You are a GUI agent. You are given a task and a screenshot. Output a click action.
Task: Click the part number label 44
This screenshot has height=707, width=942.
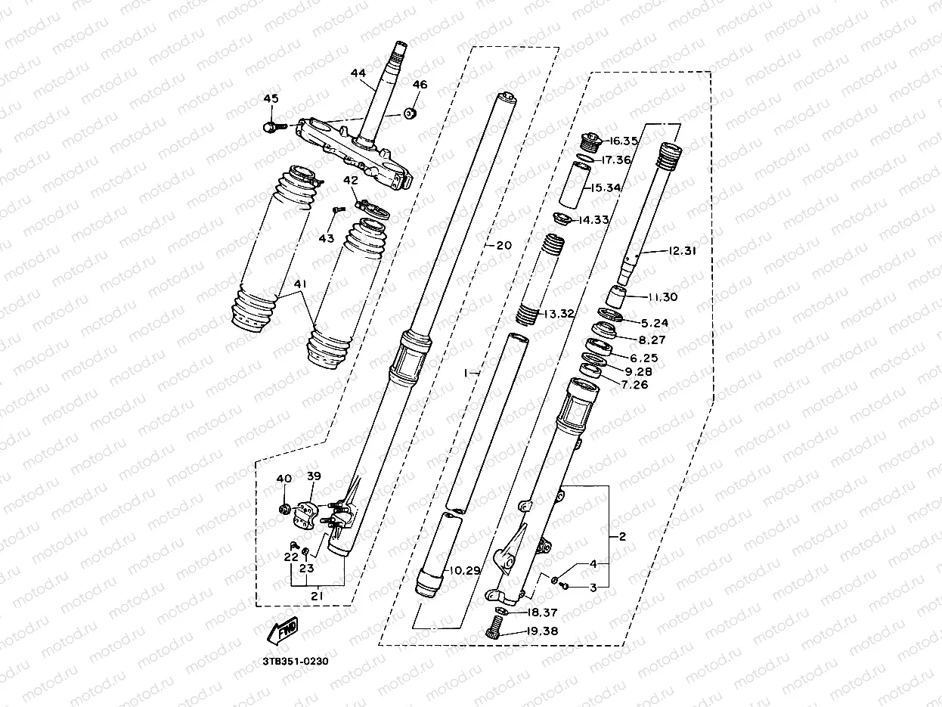click(x=358, y=73)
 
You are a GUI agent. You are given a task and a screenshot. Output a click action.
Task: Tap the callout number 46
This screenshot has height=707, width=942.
click(x=420, y=85)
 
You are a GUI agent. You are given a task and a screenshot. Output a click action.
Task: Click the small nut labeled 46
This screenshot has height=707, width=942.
click(x=411, y=113)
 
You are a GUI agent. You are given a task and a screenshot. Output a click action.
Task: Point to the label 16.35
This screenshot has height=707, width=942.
click(x=622, y=141)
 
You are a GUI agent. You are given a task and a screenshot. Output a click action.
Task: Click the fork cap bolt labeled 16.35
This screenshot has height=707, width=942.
click(x=589, y=141)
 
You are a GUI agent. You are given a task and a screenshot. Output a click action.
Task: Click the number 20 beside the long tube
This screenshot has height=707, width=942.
click(x=504, y=245)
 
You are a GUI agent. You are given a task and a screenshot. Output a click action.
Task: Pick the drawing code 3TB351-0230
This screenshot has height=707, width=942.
click(x=296, y=661)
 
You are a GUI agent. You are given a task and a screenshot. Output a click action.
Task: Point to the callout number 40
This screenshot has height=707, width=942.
click(x=284, y=479)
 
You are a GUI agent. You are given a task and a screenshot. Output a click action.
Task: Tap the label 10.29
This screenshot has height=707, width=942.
click(x=464, y=570)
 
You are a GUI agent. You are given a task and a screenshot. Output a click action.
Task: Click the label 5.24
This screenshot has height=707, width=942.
click(x=655, y=322)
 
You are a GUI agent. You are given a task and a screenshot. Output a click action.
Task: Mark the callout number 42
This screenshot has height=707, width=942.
click(x=350, y=181)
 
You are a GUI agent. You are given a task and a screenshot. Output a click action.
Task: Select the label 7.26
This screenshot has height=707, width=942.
click(x=634, y=385)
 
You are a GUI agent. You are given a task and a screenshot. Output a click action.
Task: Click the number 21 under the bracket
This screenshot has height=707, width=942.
click(x=318, y=597)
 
